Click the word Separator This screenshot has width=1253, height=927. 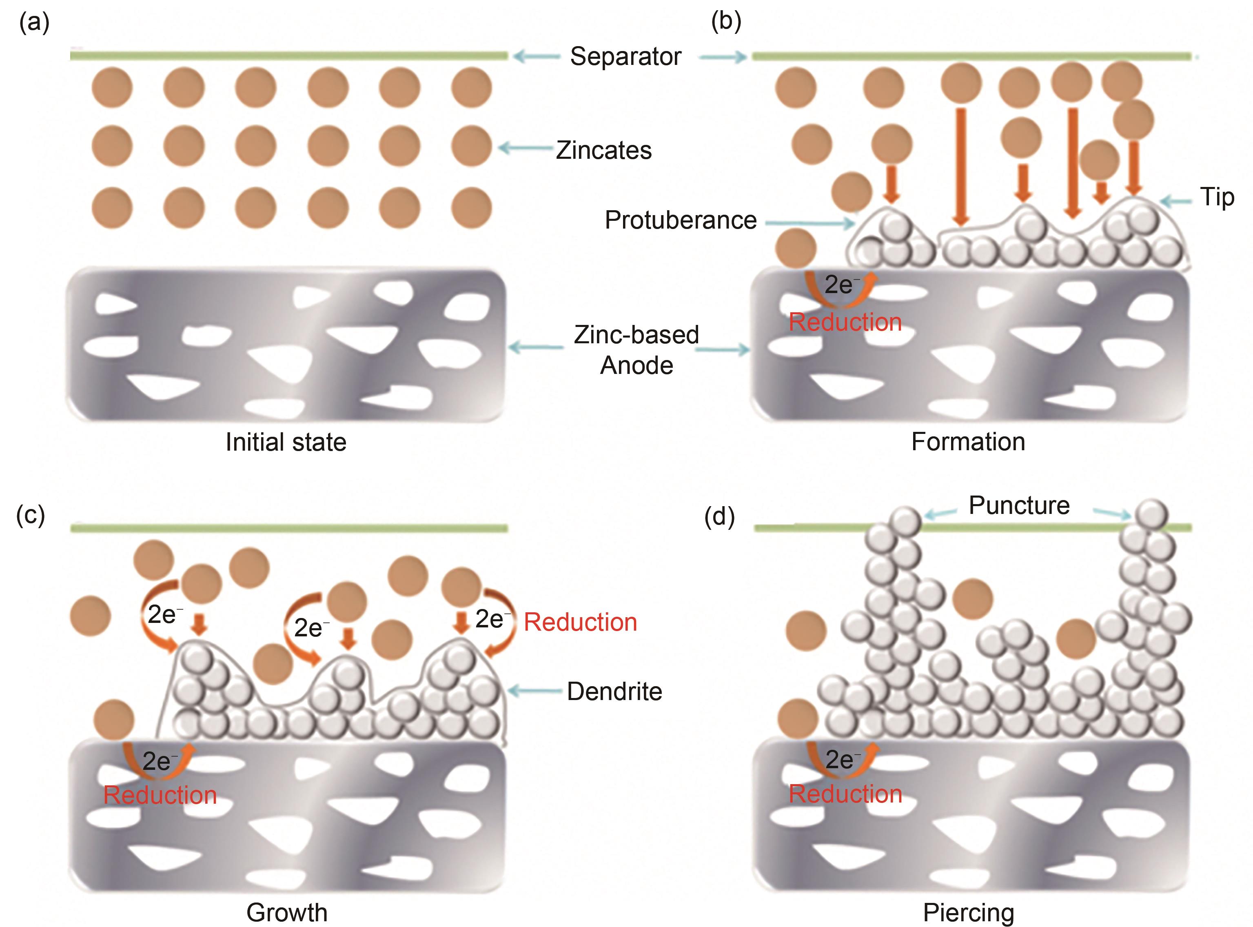(x=625, y=57)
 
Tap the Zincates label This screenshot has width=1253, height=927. (x=603, y=150)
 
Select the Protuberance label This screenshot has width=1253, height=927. (x=680, y=220)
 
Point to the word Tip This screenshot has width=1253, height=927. (x=1217, y=198)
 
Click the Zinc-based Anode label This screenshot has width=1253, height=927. (x=636, y=349)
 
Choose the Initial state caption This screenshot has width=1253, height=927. (x=286, y=442)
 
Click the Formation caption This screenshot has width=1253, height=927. (x=968, y=442)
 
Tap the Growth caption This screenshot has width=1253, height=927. (x=286, y=912)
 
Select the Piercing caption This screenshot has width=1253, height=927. (x=968, y=912)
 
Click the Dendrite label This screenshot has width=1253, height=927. (x=614, y=691)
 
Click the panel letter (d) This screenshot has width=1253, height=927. (x=719, y=517)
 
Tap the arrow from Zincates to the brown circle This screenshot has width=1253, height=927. (x=526, y=148)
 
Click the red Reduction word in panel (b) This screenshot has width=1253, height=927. (x=845, y=322)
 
